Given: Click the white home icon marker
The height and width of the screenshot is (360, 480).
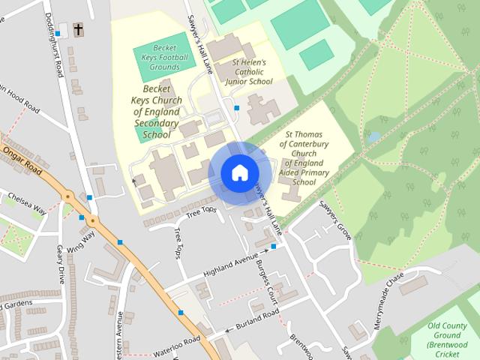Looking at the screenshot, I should (238, 172).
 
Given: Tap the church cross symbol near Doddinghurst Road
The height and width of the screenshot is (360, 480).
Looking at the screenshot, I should (78, 30).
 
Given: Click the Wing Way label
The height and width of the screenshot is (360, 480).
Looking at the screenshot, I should (80, 241).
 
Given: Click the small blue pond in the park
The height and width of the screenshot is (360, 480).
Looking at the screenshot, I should (373, 137).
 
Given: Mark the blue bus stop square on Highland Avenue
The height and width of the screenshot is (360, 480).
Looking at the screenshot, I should (274, 246).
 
